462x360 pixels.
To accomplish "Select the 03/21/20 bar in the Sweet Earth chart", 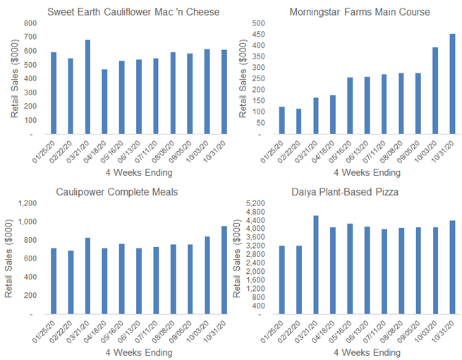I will tap(87, 87).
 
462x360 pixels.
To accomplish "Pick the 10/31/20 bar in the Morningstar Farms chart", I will tap(452, 83).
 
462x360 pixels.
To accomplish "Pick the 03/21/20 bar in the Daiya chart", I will tap(316, 265).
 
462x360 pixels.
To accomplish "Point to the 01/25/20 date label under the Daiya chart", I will tap(278, 330).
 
